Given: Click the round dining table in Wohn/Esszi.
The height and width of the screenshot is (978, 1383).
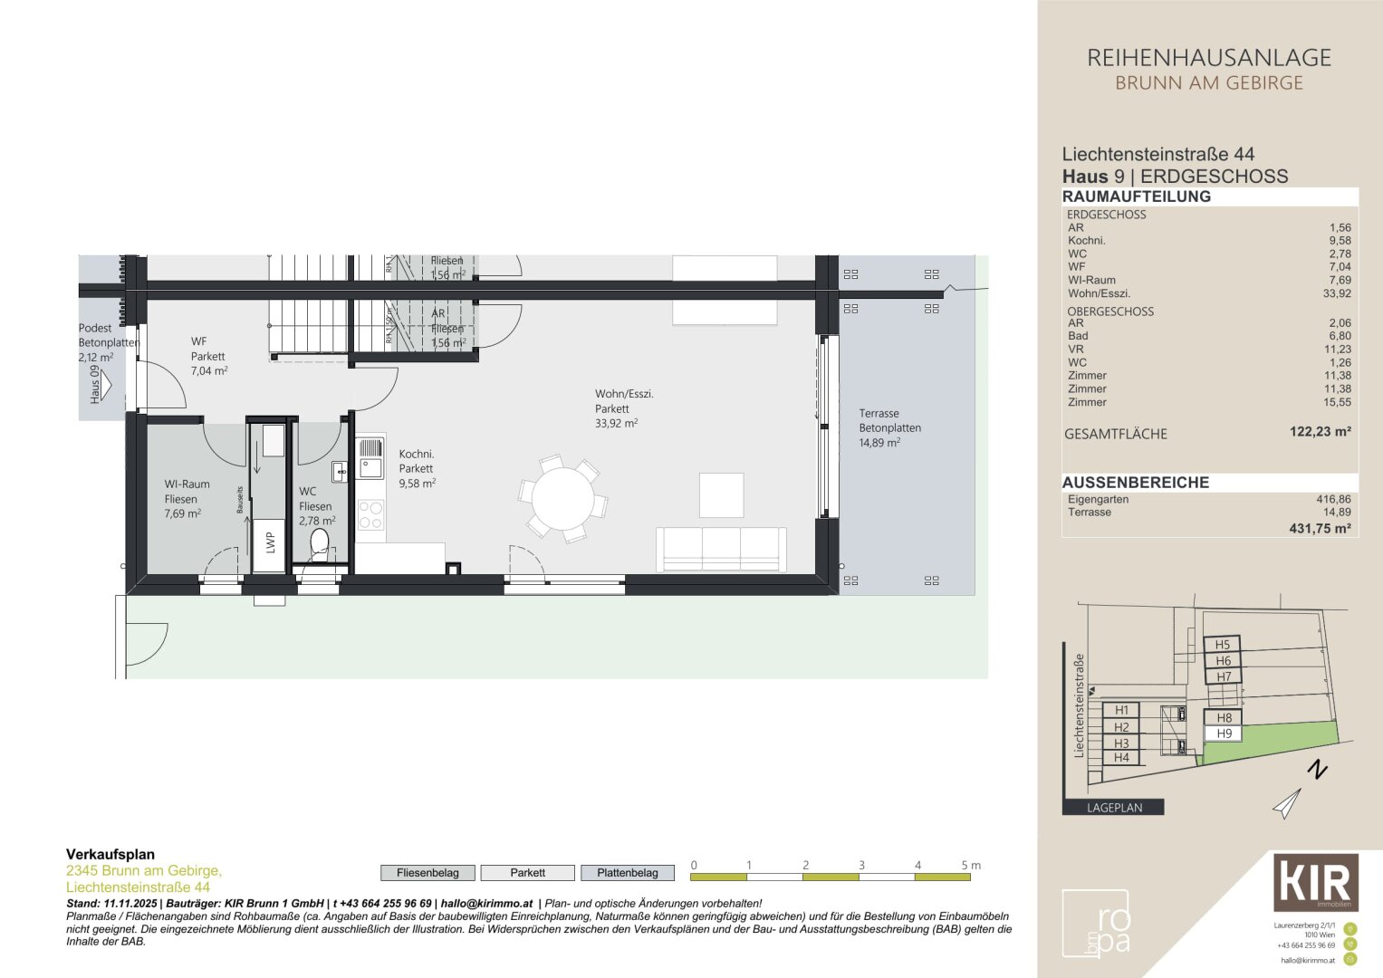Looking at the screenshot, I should (x=562, y=499).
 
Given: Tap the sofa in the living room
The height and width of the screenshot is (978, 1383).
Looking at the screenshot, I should (x=721, y=549).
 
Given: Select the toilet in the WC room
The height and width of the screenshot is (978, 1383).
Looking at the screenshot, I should (x=319, y=543).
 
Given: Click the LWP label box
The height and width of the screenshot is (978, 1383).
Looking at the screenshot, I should (x=269, y=543).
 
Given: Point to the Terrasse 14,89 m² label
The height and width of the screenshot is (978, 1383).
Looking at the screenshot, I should (x=889, y=427).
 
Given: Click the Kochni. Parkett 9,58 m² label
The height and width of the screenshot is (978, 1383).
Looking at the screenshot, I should (x=417, y=468).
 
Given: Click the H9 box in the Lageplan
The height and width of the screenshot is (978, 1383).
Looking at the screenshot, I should (x=1224, y=733).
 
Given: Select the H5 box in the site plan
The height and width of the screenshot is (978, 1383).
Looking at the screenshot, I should (x=1222, y=645).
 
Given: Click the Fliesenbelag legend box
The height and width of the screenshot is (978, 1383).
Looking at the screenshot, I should (x=427, y=873).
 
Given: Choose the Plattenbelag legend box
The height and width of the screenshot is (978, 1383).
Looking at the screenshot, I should (x=627, y=873).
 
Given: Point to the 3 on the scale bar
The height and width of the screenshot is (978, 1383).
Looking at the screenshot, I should (x=861, y=865).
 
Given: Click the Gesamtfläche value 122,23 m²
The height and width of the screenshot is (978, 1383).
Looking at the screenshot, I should (x=1320, y=432).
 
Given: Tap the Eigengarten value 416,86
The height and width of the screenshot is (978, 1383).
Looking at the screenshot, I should (x=1332, y=499).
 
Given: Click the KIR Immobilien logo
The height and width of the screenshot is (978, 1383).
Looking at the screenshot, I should (x=1315, y=882).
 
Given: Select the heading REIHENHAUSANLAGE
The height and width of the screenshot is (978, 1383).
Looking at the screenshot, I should (x=1208, y=58).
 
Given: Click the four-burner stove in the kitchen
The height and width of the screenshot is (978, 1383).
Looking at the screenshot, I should (x=370, y=514).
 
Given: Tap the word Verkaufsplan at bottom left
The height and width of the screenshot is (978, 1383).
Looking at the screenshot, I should (x=110, y=854).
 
